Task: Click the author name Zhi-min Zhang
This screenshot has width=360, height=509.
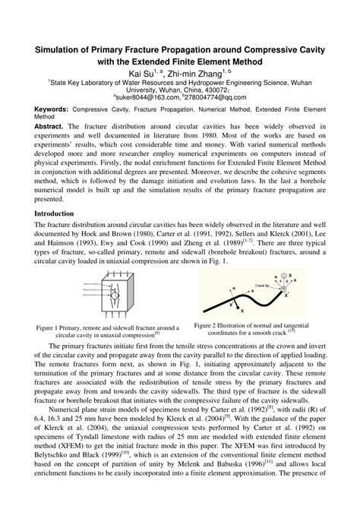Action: click(x=194, y=73)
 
